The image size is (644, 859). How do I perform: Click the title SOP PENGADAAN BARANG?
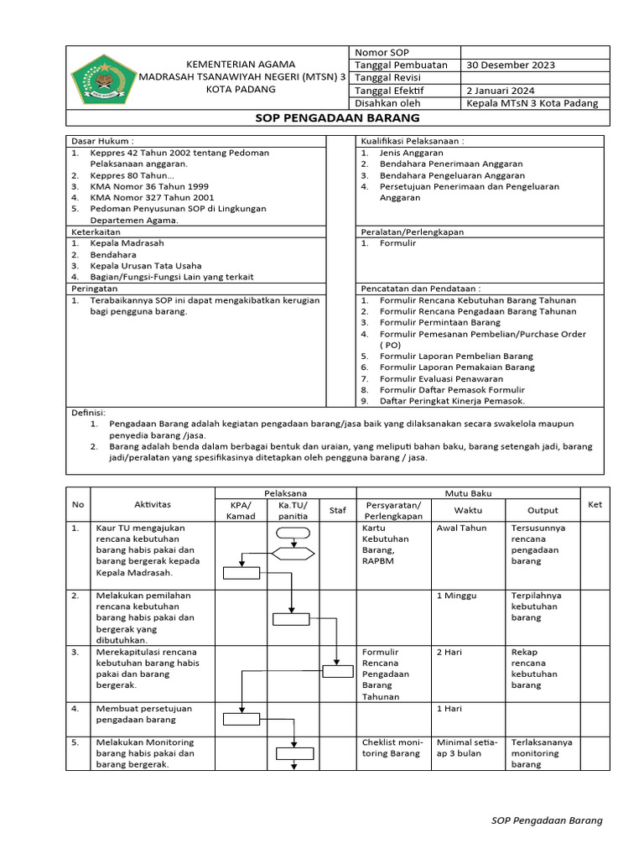pyautogui.click(x=337, y=118)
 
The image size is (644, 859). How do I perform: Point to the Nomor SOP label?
pyautogui.click(x=382, y=53)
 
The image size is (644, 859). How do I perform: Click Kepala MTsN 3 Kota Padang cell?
pyautogui.click(x=532, y=103)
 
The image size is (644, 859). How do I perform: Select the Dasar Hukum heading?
pyautogui.click(x=102, y=142)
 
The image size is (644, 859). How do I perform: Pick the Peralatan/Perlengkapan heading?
pyautogui.click(x=412, y=232)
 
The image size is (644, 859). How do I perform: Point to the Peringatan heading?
pyautogui.click(x=95, y=288)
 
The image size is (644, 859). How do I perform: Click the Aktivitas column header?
pyautogui.click(x=152, y=504)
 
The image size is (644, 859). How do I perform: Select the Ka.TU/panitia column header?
pyautogui.click(x=293, y=510)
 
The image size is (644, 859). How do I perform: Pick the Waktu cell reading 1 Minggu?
pyautogui.click(x=456, y=596)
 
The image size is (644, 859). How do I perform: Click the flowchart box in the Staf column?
pyautogui.click(x=338, y=670)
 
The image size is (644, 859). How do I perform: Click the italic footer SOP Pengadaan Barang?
pyautogui.click(x=547, y=820)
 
